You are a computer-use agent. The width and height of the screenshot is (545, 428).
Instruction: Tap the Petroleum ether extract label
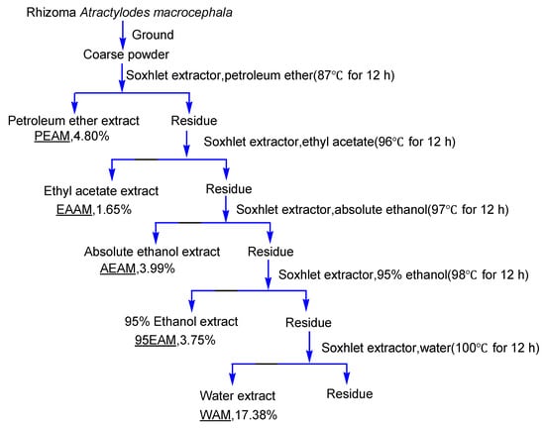74,122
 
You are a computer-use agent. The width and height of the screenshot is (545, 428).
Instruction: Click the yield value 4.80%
83,139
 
